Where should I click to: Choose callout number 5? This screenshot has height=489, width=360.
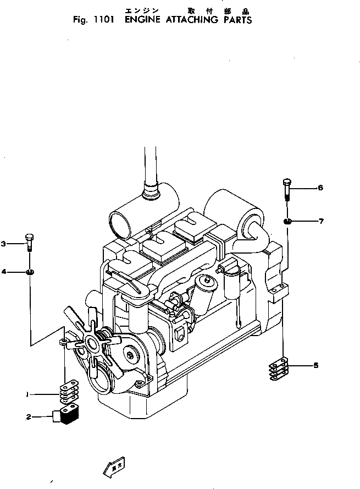pyautogui.click(x=315, y=365)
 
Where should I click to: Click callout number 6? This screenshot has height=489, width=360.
pyautogui.click(x=320, y=188)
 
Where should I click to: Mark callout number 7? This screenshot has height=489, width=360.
pyautogui.click(x=321, y=221)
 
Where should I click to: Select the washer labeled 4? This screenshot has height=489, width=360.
pyautogui.click(x=30, y=272)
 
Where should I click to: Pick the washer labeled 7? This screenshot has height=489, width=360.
pyautogui.click(x=287, y=222)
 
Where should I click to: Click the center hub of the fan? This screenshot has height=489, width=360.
pyautogui.click(x=91, y=343)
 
